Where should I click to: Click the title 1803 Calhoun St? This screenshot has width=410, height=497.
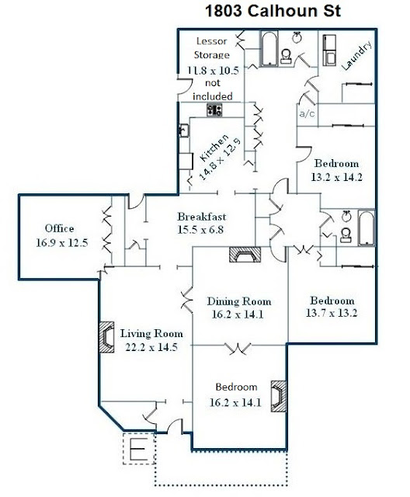[273, 11]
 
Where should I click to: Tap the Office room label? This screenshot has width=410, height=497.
[59, 228]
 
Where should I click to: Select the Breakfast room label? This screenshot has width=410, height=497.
[202, 217]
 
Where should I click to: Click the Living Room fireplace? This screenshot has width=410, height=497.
[106, 337]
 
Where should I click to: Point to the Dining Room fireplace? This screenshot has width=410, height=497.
[245, 255]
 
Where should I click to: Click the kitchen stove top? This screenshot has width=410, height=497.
[214, 110]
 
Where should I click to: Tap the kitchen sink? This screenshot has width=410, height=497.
[183, 130]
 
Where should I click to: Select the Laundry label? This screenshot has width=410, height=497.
[356, 56]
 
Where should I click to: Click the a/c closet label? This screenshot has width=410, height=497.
[307, 113]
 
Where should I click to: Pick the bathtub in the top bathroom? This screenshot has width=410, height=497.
[269, 48]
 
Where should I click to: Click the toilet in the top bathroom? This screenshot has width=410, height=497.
[286, 56]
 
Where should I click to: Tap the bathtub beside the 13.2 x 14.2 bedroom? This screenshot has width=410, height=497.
[367, 228]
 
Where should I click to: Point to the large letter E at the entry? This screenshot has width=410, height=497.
[138, 449]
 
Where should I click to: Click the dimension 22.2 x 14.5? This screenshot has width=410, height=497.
[151, 347]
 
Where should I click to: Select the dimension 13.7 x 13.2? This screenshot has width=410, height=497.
[332, 313]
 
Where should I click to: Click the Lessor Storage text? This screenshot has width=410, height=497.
[212, 48]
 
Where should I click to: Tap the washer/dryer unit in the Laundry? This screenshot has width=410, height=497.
[329, 50]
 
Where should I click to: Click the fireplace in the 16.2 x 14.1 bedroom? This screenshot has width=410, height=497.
[279, 396]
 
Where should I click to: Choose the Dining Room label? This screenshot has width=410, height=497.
[239, 301]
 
